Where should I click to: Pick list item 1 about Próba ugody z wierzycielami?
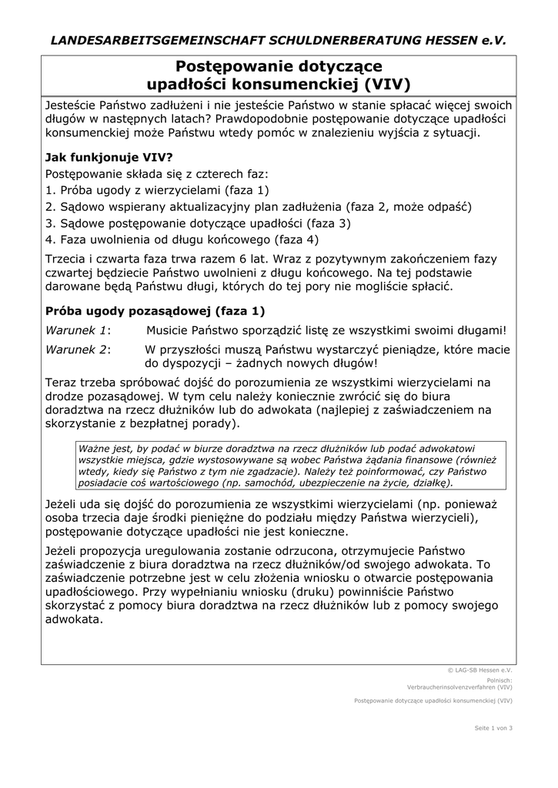[157, 190]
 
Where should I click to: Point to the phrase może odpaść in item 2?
[436, 207]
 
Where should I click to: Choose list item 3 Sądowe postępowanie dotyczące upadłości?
[198, 223]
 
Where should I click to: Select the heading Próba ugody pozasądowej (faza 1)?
[155, 311]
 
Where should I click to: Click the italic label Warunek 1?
[78, 331]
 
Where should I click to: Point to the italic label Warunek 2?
[78, 349]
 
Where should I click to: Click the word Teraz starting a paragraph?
[62, 382]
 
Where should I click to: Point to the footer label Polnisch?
[499, 679]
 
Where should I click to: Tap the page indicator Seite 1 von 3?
[493, 727]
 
